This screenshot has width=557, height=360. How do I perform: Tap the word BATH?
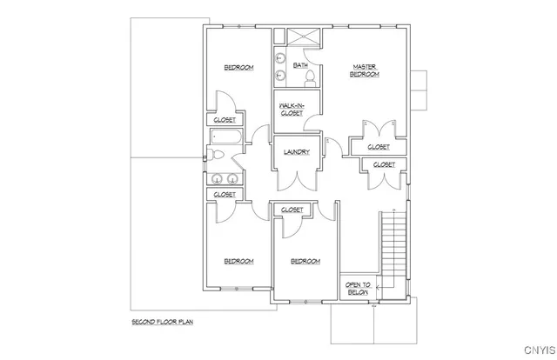tap(300, 65)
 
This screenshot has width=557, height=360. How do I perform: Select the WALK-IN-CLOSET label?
tap(291, 109)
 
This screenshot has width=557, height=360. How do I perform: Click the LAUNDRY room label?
tap(298, 152)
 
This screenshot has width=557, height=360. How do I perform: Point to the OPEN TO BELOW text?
tap(358, 289)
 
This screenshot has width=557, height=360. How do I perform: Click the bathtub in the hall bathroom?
tap(223, 137)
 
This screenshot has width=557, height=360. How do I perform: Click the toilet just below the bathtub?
tap(218, 157)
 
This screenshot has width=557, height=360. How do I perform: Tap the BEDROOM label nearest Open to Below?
tap(305, 261)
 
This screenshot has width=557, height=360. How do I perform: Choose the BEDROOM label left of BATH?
tap(238, 68)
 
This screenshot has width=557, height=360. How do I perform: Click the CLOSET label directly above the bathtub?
tap(224, 120)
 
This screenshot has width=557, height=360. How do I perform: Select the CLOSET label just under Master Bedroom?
tap(378, 147)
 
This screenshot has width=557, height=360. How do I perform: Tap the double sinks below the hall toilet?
tap(224, 180)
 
